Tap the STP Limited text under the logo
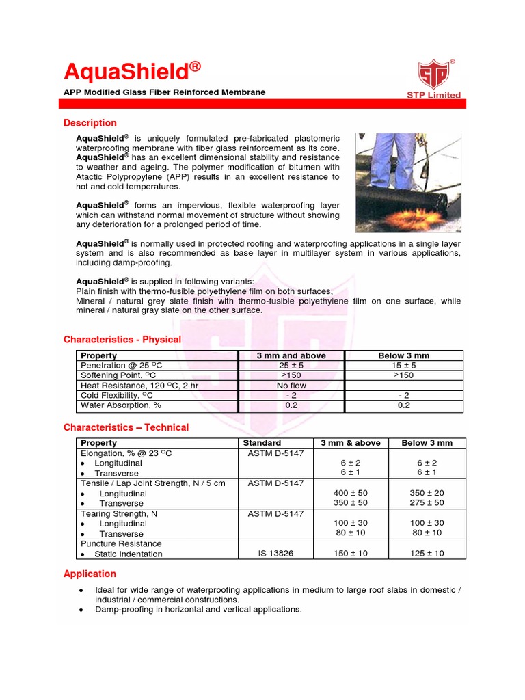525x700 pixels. [x=434, y=95]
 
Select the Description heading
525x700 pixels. [x=90, y=123]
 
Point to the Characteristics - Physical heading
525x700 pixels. [x=122, y=340]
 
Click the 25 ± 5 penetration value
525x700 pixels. [x=291, y=366]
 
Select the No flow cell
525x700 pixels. [x=291, y=386]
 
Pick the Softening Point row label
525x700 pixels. [x=118, y=375]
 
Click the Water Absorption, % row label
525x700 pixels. [x=120, y=405]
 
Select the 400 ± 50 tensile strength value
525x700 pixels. [x=350, y=493]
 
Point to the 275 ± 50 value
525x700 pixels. [x=427, y=503]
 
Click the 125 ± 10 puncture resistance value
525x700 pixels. [x=427, y=554]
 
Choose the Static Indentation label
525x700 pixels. [x=129, y=554]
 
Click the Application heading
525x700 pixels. [x=90, y=574]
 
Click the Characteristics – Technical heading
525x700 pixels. [x=126, y=427]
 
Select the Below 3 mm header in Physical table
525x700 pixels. [x=403, y=355]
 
